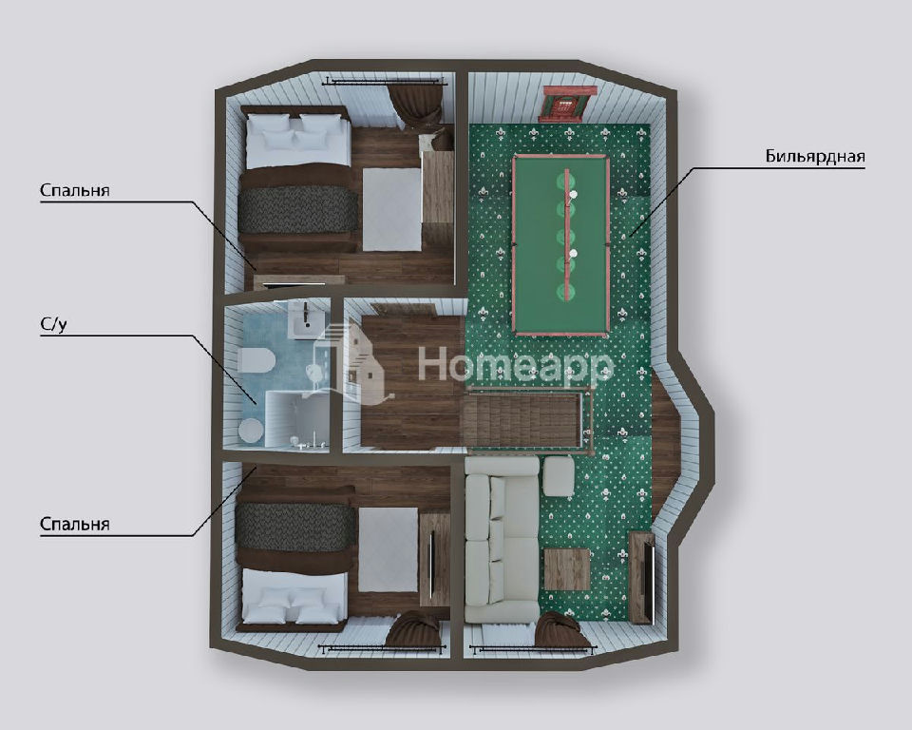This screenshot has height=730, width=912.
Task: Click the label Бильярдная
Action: click(x=815, y=156)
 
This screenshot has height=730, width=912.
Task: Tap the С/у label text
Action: click(x=53, y=325)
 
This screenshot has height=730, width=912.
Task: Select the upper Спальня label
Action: click(x=74, y=190)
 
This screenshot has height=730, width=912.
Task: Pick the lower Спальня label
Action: click(x=74, y=524)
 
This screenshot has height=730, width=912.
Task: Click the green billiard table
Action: click(x=560, y=245)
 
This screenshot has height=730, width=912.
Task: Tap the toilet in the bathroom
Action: click(x=256, y=360)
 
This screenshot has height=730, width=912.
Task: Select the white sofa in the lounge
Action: click(x=503, y=540)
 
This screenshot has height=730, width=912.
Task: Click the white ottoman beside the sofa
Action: click(x=559, y=475)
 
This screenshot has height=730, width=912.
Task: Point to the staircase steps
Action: click(x=523, y=419)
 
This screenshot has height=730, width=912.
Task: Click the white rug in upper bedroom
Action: click(x=391, y=209)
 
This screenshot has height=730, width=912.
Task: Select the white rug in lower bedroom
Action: click(x=388, y=549)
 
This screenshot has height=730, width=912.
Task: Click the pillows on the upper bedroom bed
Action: click(x=294, y=131)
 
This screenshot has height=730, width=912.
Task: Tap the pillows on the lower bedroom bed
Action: click(x=293, y=605)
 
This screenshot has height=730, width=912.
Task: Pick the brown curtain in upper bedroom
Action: click(x=418, y=106)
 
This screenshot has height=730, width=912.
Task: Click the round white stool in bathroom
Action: click(x=251, y=431)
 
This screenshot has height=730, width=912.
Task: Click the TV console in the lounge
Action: click(x=642, y=578)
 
